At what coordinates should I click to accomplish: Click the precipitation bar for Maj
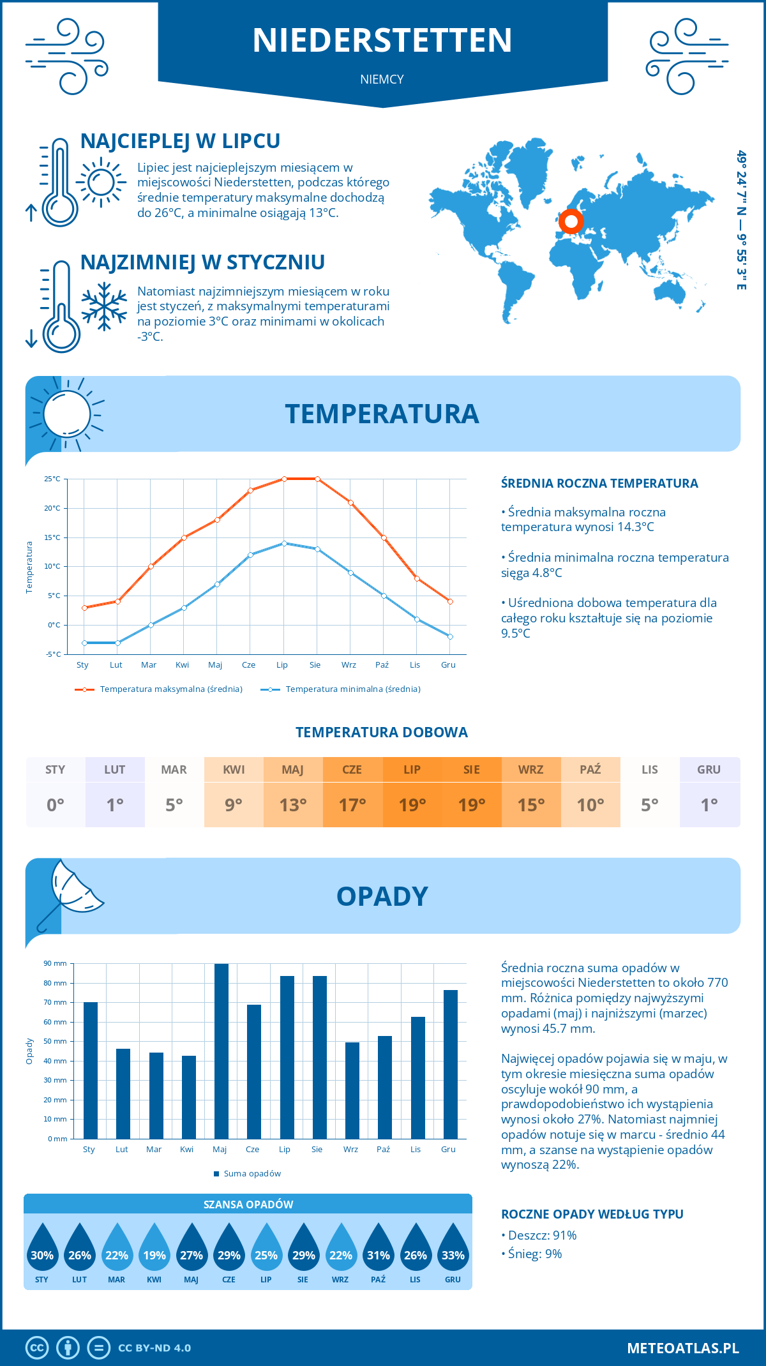(x=221, y=1051)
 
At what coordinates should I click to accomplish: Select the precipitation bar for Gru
(x=450, y=1064)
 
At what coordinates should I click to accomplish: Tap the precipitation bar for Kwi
(x=188, y=1097)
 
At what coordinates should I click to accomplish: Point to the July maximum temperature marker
(x=284, y=479)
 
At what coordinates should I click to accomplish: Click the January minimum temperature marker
(x=84, y=643)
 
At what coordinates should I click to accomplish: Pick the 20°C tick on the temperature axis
(x=52, y=508)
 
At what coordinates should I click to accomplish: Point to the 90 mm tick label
(x=55, y=963)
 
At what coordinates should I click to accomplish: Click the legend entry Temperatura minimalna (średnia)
(x=352, y=689)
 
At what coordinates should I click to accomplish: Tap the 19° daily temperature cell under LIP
(x=412, y=805)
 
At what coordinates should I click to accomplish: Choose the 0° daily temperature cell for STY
(x=56, y=805)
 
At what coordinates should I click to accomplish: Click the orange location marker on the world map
(x=571, y=222)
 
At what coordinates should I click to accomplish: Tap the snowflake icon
(x=104, y=306)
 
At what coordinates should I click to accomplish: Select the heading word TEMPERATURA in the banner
(x=382, y=414)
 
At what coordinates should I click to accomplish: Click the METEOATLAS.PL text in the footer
(x=682, y=1348)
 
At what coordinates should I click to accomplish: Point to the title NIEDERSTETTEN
(x=382, y=40)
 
